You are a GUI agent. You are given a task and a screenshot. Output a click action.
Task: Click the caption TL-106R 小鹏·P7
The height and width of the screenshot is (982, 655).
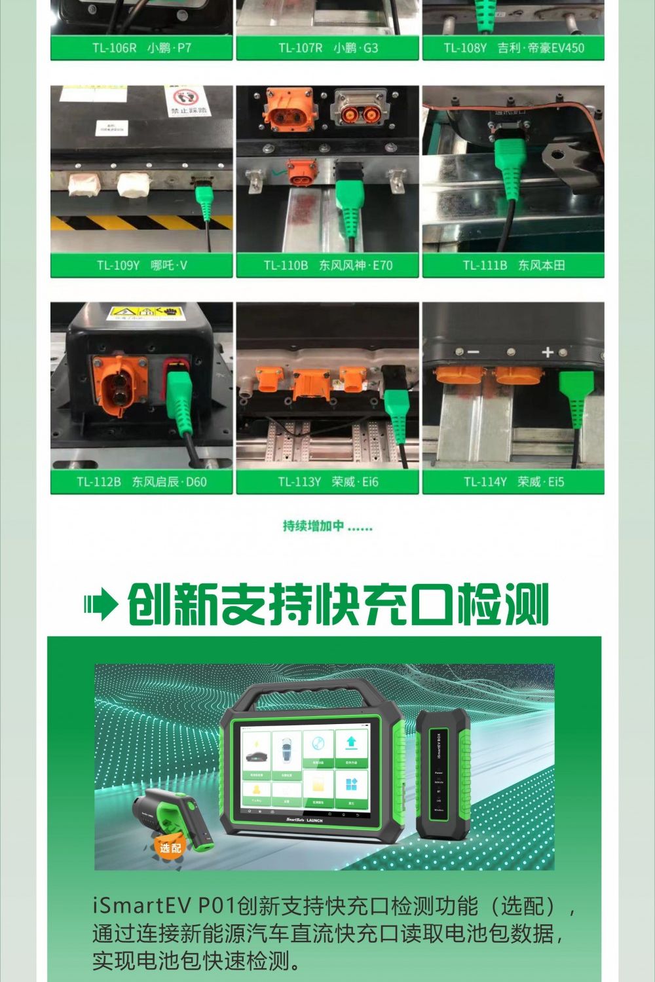pos(141,48)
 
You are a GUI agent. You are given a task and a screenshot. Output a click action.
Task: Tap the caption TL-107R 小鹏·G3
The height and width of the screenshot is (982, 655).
pos(327,48)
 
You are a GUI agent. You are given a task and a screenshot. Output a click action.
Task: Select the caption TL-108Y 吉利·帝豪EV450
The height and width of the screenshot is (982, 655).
pos(514,48)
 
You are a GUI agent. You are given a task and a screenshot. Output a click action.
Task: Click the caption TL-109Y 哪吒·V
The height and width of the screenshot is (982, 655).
pos(141,265)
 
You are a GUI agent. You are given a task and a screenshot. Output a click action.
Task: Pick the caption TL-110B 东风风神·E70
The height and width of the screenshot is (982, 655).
pos(327,265)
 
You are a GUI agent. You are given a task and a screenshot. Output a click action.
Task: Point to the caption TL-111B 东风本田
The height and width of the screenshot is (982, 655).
pos(514,265)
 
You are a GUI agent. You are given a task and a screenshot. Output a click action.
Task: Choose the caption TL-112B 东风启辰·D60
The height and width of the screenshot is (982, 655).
pos(141,482)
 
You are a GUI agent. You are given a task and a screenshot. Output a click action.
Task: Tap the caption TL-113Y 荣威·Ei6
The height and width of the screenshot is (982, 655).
pos(327,482)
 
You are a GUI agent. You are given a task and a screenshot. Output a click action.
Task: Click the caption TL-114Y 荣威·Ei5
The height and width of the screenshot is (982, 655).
pos(514,482)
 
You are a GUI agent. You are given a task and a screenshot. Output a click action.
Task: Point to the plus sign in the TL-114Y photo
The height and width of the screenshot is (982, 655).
pos(548,352)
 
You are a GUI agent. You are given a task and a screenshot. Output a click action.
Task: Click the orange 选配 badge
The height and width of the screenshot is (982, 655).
pos(170,848)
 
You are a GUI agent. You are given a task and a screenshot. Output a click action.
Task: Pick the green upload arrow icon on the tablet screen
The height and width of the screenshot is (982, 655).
pos(351,743)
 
